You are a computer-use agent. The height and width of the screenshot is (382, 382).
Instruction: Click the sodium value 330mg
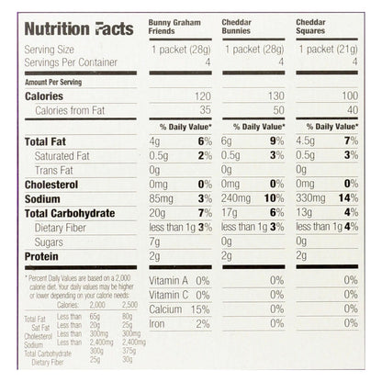pyautogui.click(x=310, y=197)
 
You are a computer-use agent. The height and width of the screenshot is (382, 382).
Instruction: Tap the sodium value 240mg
pyautogui.click(x=237, y=197)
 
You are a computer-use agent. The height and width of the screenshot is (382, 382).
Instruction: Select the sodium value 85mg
pyautogui.click(x=162, y=197)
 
